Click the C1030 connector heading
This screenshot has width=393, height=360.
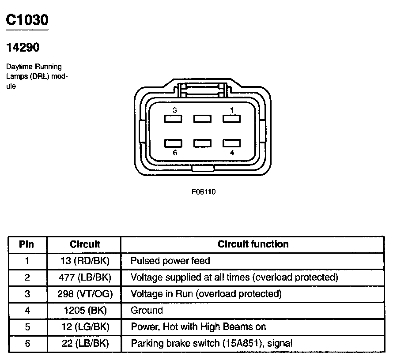click(x=27, y=20)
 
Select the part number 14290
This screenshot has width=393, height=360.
click(x=23, y=47)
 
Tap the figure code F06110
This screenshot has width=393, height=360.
click(x=204, y=192)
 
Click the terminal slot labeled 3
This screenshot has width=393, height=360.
click(x=173, y=119)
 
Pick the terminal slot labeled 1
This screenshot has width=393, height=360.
click(x=231, y=119)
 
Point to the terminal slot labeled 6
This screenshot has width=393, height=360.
click(x=173, y=143)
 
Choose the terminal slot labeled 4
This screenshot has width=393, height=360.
click(x=231, y=143)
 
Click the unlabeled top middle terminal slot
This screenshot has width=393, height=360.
click(x=202, y=119)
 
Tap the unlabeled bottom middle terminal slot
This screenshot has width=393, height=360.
click(x=202, y=143)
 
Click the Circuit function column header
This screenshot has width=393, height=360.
click(x=253, y=244)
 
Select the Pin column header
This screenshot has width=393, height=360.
click(x=26, y=244)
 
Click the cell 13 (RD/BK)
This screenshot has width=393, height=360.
click(x=84, y=261)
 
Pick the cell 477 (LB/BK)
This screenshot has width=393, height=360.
click(x=84, y=277)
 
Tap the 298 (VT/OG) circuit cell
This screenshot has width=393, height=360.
click(x=84, y=294)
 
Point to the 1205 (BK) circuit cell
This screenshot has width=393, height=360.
click(x=84, y=311)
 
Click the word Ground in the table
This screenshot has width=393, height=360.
click(x=147, y=311)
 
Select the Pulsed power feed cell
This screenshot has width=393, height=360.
click(x=170, y=261)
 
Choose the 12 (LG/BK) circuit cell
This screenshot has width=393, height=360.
click(x=84, y=327)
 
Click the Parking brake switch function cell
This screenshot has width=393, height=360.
click(x=212, y=343)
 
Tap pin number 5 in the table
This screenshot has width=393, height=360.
click(x=27, y=327)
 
